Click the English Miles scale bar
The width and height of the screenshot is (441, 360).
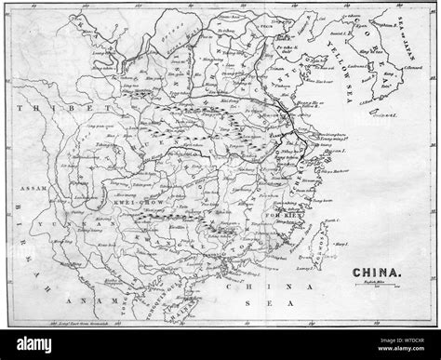[377, 290]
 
